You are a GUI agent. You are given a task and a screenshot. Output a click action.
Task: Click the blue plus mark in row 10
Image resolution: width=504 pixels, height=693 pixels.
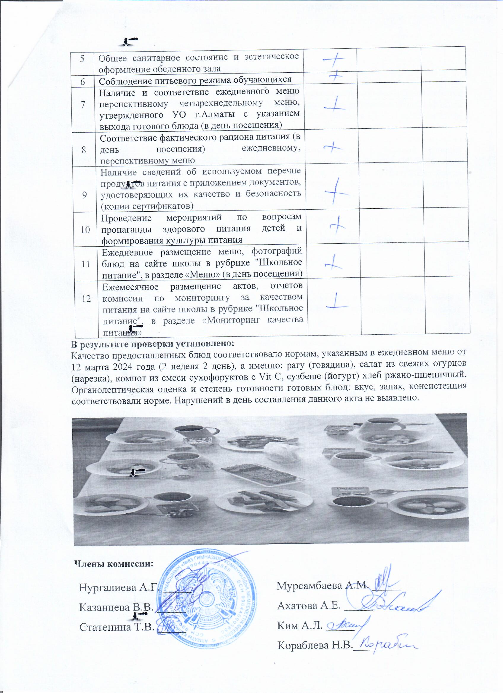[x=337, y=225]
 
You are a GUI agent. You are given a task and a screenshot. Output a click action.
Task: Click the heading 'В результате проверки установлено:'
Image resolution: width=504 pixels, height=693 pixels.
[x=152, y=344]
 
